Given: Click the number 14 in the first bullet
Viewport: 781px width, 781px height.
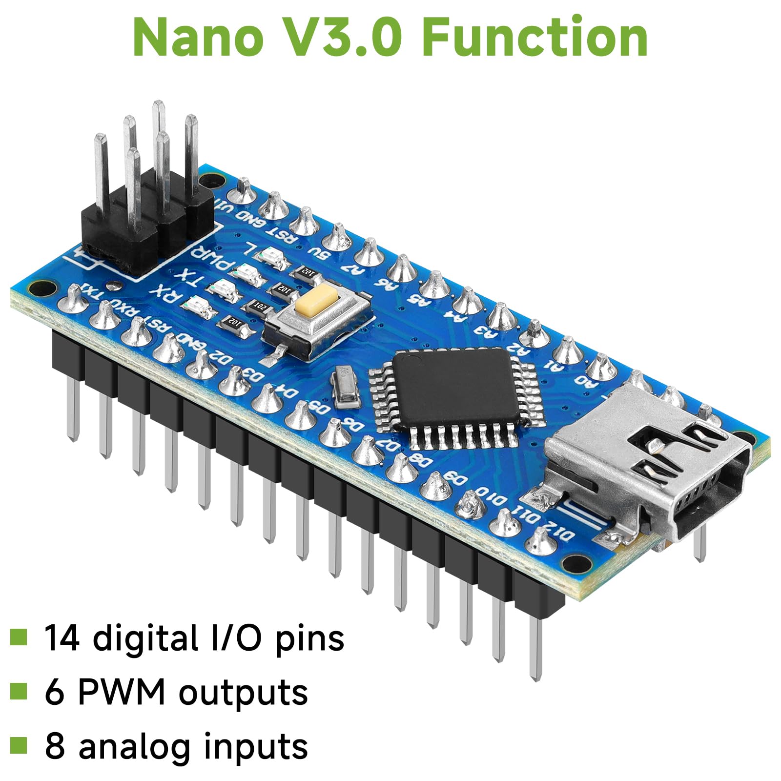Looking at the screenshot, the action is pyautogui.click(x=62, y=638).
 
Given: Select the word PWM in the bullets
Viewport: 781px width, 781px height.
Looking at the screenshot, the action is pyautogui.click(x=122, y=692).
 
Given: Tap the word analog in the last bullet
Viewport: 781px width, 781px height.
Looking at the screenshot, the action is pyautogui.click(x=134, y=746).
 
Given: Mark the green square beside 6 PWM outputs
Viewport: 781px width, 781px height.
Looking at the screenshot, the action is pyautogui.click(x=19, y=691).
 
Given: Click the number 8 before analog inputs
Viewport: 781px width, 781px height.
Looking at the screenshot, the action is pyautogui.click(x=55, y=745).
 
